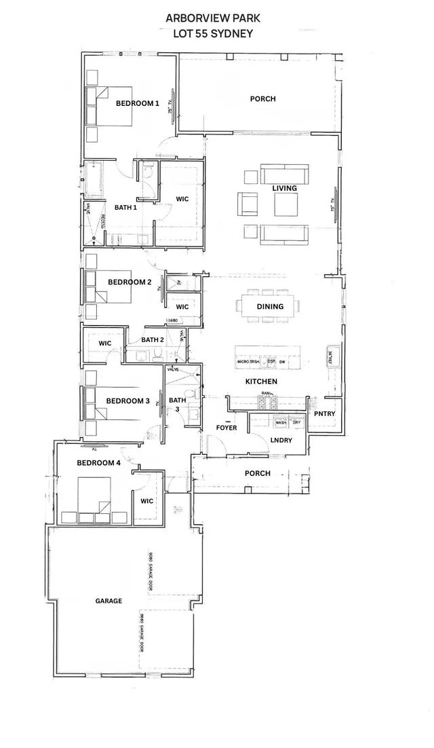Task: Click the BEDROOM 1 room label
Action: tap(137, 103)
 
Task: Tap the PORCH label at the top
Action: tap(262, 99)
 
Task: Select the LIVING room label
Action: tap(285, 187)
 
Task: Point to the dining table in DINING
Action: tap(269, 305)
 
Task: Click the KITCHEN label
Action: tap(261, 382)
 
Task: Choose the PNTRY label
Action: tap(323, 414)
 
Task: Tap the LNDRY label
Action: tap(281, 440)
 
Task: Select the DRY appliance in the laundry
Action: tap(297, 423)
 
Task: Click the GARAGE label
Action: tap(108, 601)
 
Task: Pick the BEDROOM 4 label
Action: tap(99, 463)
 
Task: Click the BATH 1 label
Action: tap(126, 207)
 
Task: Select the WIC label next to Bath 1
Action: tap(182, 199)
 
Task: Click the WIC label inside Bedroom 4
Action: tap(148, 501)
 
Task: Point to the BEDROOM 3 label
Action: tap(127, 400)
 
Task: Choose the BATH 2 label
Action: tap(153, 339)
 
